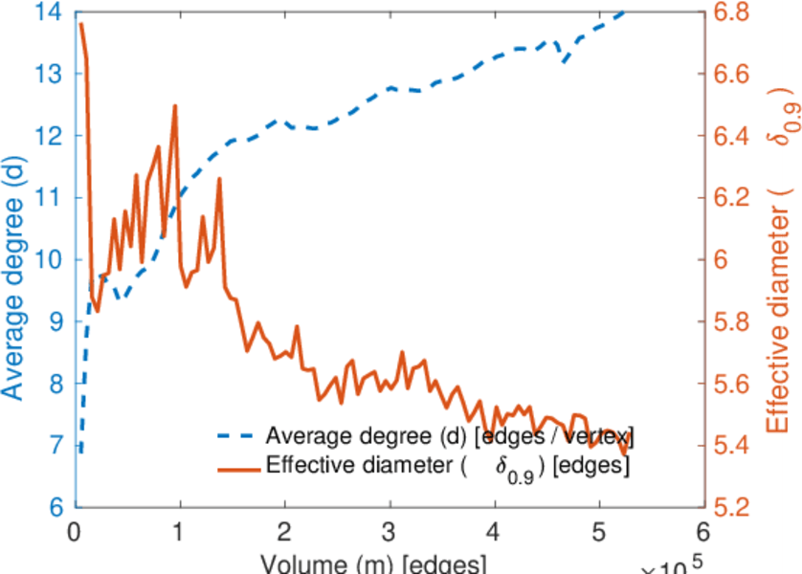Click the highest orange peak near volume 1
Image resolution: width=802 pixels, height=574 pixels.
coord(175,106)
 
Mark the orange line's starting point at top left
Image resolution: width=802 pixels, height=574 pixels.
coord(81,24)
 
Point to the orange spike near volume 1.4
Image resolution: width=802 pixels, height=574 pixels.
coord(219,179)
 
